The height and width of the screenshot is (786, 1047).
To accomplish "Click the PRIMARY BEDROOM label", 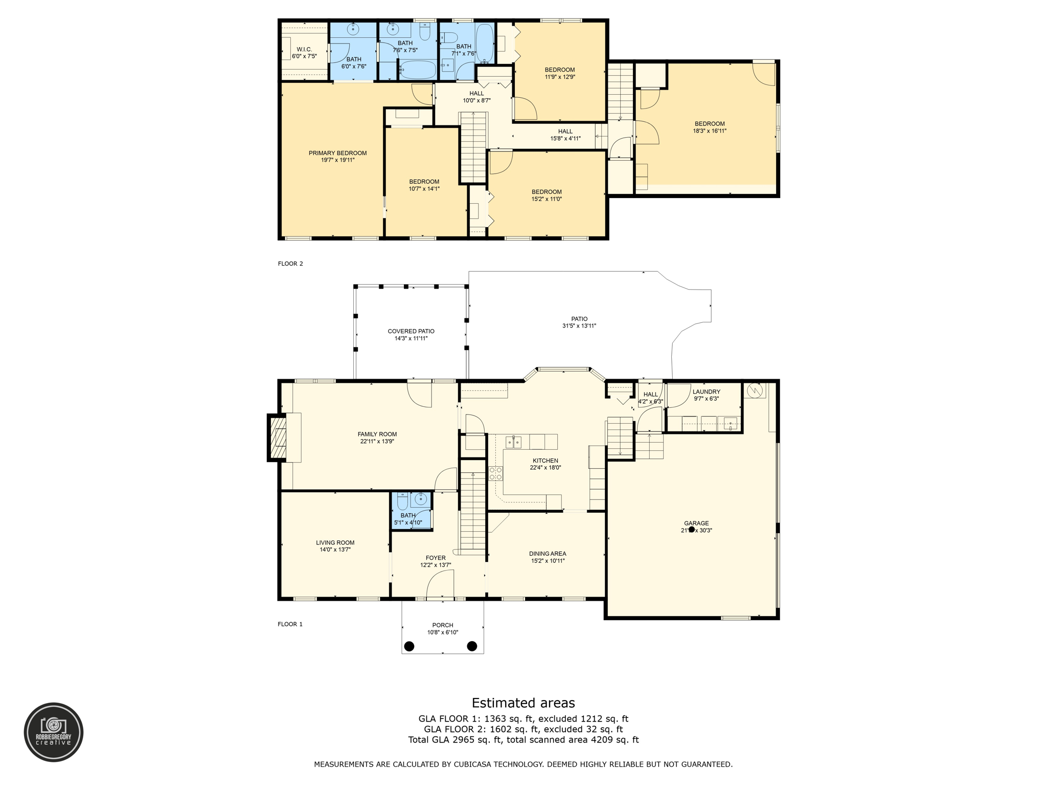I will [337, 153].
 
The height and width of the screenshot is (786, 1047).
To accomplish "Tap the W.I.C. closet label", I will [304, 50].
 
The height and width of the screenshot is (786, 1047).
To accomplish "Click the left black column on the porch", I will [409, 646].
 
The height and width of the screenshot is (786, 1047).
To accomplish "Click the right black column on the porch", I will [472, 646].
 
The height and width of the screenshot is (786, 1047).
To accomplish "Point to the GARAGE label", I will [696, 523].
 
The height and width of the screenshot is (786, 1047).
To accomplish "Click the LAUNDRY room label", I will [706, 392].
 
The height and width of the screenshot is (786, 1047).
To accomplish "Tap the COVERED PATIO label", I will [411, 331].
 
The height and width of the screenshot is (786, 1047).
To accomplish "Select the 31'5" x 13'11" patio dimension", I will [579, 326].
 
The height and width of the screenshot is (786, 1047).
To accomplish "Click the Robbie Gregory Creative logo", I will [54, 732].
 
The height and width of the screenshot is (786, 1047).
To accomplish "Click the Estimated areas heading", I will [523, 703].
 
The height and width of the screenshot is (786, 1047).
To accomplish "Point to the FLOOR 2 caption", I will [290, 264].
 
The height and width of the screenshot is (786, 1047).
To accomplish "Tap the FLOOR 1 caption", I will [290, 624].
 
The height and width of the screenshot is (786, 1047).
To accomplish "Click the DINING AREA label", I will [548, 554].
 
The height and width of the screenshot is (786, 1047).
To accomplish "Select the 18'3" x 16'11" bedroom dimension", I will [710, 131].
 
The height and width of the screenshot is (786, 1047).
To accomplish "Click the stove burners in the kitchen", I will [495, 473].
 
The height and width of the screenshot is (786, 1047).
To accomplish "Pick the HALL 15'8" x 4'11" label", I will [565, 135].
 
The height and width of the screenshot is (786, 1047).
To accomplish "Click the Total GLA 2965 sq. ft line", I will [523, 739].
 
